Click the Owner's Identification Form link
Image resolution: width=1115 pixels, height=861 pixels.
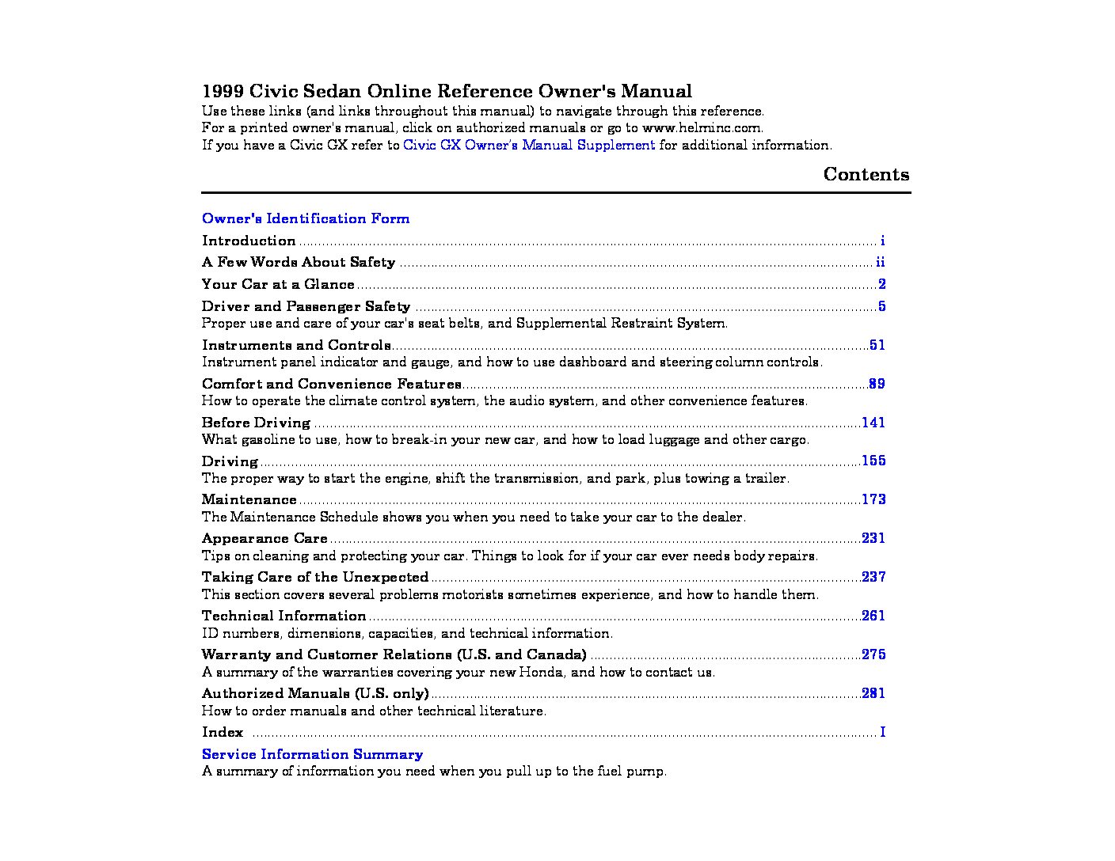pyautogui.click(x=305, y=218)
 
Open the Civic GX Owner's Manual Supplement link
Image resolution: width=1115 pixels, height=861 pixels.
pyautogui.click(x=528, y=145)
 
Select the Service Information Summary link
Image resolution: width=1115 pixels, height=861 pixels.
pyautogui.click(x=312, y=754)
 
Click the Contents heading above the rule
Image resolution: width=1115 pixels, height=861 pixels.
pyautogui.click(x=866, y=174)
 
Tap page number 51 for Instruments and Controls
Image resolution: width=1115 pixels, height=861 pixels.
pyautogui.click(x=877, y=345)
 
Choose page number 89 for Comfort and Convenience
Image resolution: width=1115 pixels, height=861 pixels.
pyautogui.click(x=877, y=384)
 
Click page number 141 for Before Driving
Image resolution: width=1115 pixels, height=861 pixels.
pyautogui.click(x=873, y=423)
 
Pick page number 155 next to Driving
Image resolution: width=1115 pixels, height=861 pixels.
pyautogui.click(x=873, y=461)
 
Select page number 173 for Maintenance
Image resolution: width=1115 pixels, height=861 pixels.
pyautogui.click(x=873, y=499)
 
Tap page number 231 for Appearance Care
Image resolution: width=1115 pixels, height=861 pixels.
pyautogui.click(x=873, y=538)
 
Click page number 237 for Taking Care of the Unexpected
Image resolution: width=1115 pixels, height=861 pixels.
pyautogui.click(x=873, y=577)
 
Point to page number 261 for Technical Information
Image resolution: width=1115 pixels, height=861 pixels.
pyautogui.click(x=873, y=616)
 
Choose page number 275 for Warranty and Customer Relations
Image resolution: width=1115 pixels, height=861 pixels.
pyautogui.click(x=873, y=654)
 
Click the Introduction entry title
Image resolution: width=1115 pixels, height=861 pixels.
pyautogui.click(x=249, y=241)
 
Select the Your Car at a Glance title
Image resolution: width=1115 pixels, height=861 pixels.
pyautogui.click(x=278, y=284)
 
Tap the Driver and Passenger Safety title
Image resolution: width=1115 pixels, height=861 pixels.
pyautogui.click(x=306, y=306)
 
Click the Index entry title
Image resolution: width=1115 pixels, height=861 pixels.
pyautogui.click(x=223, y=732)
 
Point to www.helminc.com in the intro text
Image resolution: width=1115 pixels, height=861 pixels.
pyautogui.click(x=702, y=127)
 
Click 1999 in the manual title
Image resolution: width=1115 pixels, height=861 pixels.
pyautogui.click(x=222, y=91)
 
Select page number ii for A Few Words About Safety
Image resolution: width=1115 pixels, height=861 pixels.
pyautogui.click(x=880, y=262)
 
